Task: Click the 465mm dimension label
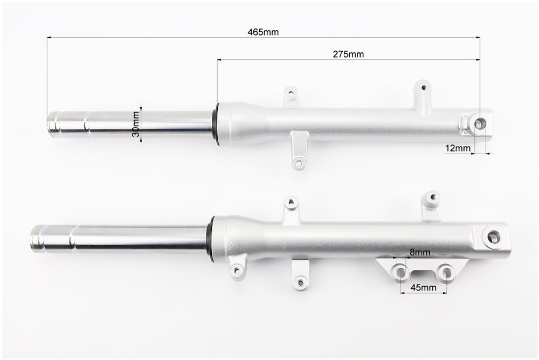click(263, 32)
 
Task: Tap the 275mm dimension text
click(348, 54)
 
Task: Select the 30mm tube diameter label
click(136, 124)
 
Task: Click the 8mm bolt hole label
click(420, 252)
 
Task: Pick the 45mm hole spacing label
click(424, 287)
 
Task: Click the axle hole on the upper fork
click(480, 124)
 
